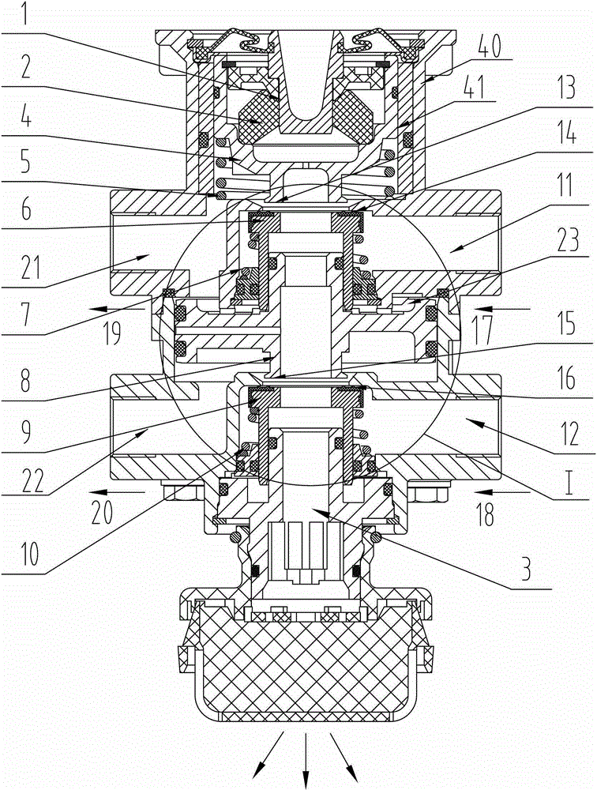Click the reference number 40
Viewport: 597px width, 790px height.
coord(489,47)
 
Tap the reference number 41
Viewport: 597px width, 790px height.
coord(474,87)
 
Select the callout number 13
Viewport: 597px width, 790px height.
coord(566,88)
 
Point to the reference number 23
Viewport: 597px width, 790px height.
coord(567,240)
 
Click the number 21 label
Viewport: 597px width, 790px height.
coord(30,268)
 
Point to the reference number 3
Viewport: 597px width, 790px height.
coord(527,569)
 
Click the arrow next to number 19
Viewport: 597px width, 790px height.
coord(117,308)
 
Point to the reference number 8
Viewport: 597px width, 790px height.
coord(26,382)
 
